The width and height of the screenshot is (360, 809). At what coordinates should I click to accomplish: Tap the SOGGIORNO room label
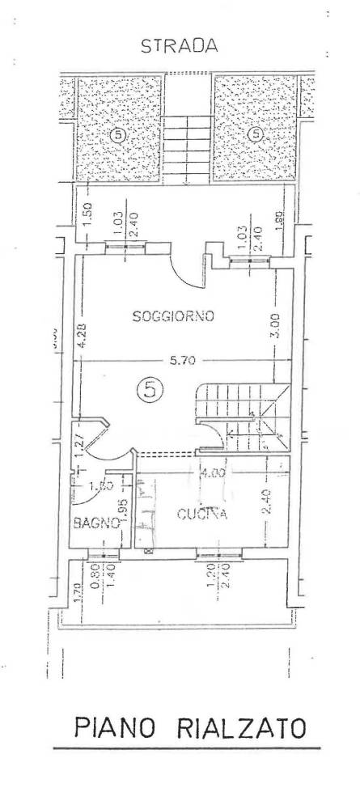(x=173, y=318)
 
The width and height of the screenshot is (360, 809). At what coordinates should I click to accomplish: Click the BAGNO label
(x=96, y=523)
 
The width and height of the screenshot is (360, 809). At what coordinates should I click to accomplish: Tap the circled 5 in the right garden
(x=256, y=133)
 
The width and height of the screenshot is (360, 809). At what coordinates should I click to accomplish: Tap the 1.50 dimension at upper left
(x=88, y=215)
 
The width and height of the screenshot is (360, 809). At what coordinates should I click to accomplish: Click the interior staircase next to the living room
(x=243, y=417)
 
